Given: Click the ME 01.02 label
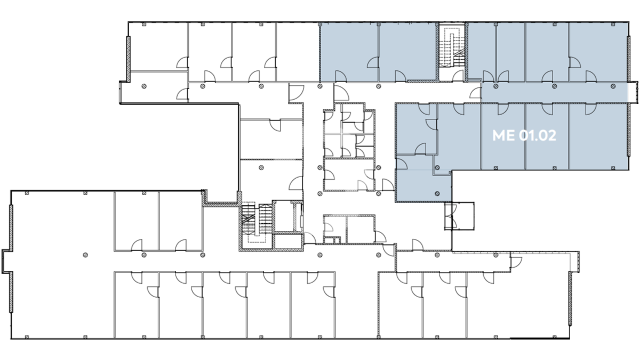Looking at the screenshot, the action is click(x=524, y=135).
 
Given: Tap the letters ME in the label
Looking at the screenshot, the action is click(x=503, y=135).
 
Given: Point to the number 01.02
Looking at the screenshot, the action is click(x=538, y=135).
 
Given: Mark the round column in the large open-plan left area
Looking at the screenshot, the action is click(x=85, y=255).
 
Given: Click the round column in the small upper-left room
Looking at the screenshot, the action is click(x=144, y=86).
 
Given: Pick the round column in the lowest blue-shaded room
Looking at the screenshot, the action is click(x=437, y=194).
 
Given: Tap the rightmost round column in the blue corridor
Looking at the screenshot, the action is click(x=613, y=86).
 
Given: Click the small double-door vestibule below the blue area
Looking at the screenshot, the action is click(x=459, y=215).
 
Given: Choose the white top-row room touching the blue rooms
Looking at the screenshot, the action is click(x=298, y=52).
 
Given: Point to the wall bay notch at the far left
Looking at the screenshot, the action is click(x=7, y=261).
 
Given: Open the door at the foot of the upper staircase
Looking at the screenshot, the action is click(x=458, y=76).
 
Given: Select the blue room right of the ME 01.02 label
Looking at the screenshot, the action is click(x=598, y=137).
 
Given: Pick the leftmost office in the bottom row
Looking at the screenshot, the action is click(x=137, y=305).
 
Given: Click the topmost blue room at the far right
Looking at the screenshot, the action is click(x=598, y=52).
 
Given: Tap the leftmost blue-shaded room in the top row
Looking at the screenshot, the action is click(x=349, y=52).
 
